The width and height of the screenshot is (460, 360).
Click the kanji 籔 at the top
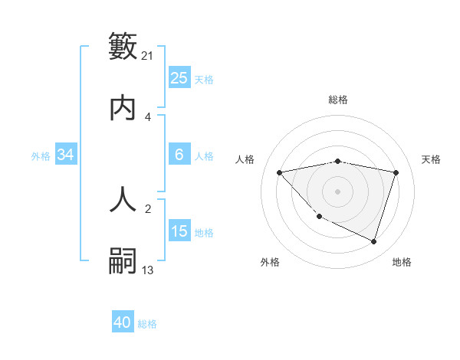pyautogui.click(x=123, y=45)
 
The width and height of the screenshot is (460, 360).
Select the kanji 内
pyautogui.click(x=123, y=108)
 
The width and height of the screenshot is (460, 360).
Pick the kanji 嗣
pyautogui.click(x=123, y=260)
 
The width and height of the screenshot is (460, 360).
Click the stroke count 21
pyautogui.click(x=148, y=55)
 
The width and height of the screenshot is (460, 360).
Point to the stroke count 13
pyautogui.click(x=148, y=270)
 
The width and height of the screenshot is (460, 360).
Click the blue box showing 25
pyautogui.click(x=179, y=77)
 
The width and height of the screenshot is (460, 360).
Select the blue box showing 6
pyautogui.click(x=179, y=155)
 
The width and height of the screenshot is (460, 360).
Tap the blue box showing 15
pyautogui.click(x=179, y=231)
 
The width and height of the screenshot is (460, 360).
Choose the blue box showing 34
pyautogui.click(x=66, y=155)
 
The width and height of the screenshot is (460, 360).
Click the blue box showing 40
pyautogui.click(x=123, y=322)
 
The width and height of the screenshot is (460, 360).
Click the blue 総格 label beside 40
pyautogui.click(x=147, y=324)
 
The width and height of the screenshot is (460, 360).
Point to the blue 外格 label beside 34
pyautogui.click(x=41, y=156)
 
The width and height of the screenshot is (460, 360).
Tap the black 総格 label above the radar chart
pyautogui.click(x=338, y=100)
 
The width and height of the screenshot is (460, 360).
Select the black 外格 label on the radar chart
pyautogui.click(x=270, y=263)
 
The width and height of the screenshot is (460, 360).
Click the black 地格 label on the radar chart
pyautogui.click(x=402, y=263)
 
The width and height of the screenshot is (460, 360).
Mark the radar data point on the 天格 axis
pyautogui.click(x=396, y=172)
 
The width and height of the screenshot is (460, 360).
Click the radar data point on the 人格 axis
pyautogui.click(x=280, y=172)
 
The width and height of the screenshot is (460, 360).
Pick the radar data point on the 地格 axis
pyautogui.click(x=373, y=241)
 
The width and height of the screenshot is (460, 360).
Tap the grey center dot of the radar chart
pyautogui.click(x=338, y=191)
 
